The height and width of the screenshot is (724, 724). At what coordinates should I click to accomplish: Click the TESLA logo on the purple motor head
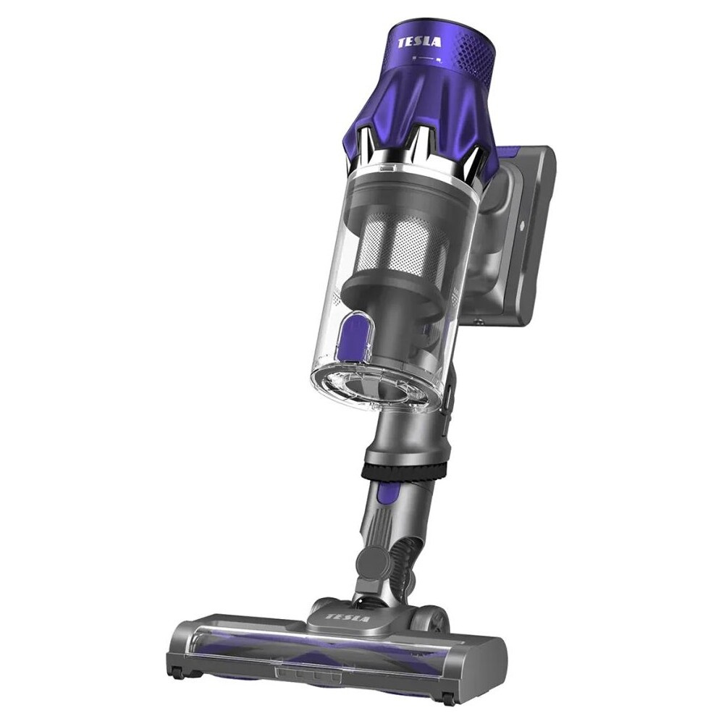419,43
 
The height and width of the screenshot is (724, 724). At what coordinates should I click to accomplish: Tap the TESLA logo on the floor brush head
348,618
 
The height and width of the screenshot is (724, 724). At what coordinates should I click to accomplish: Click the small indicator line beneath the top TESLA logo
427,59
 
